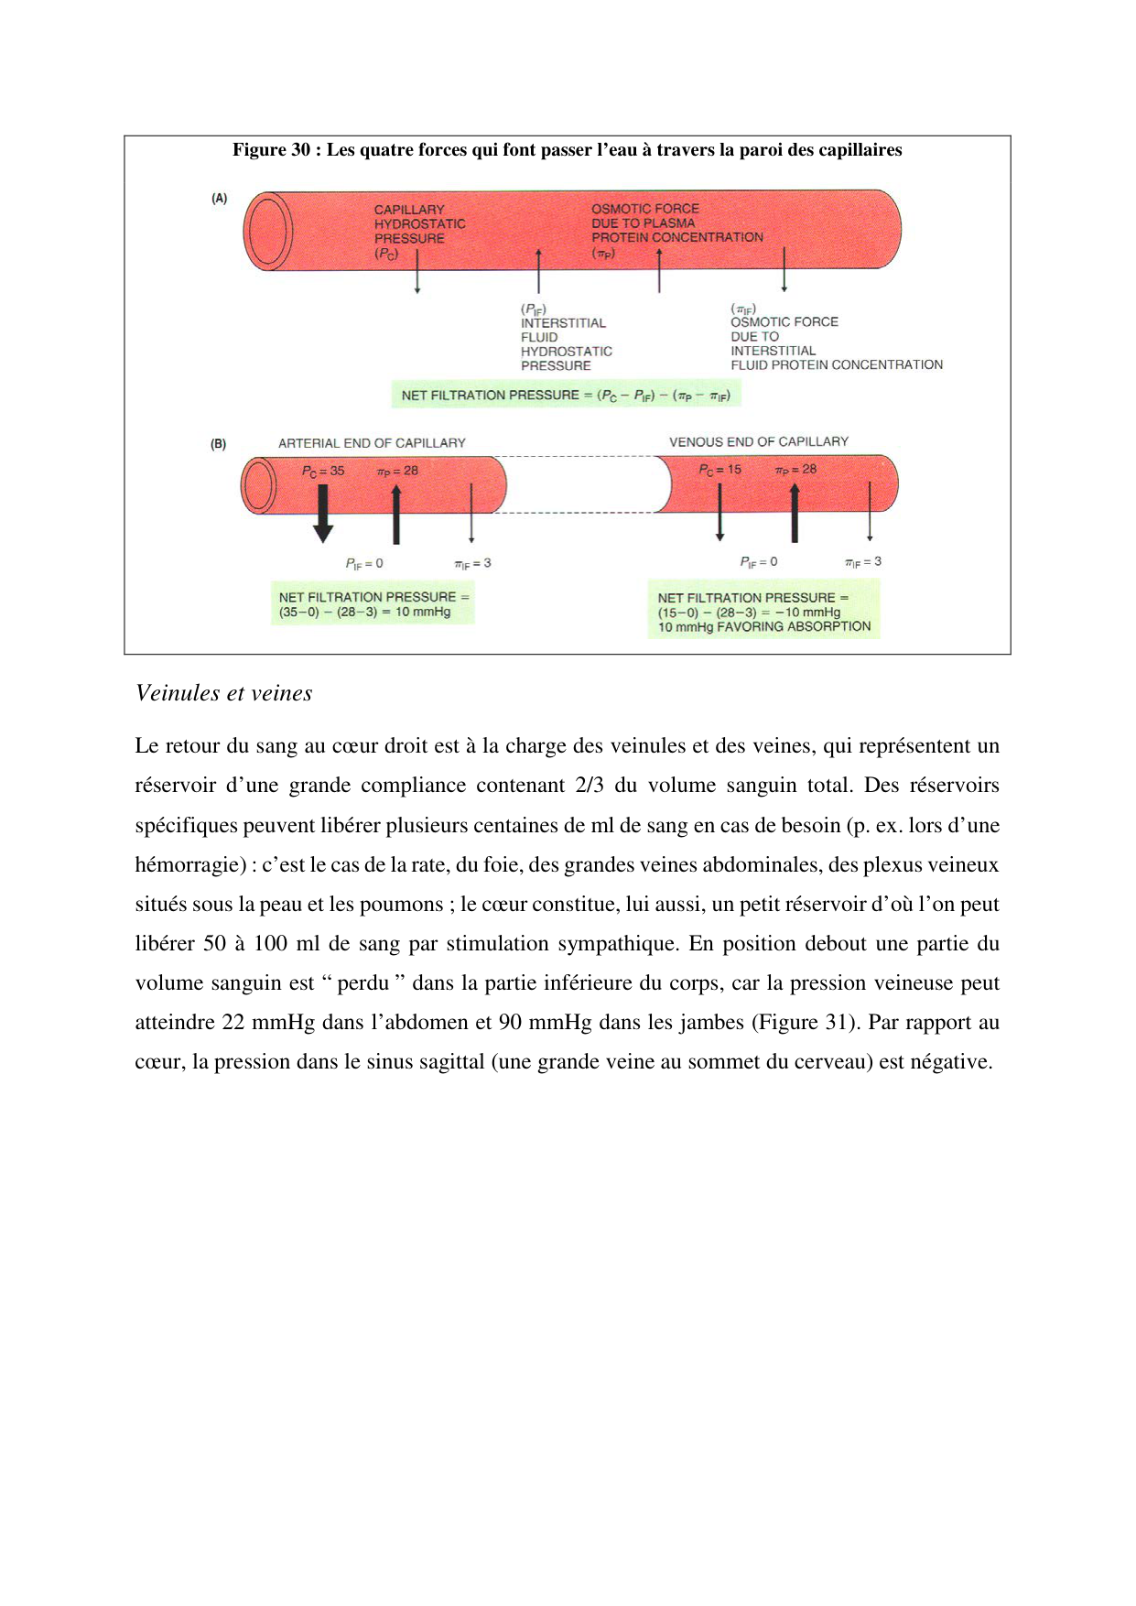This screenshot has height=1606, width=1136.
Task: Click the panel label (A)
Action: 219,198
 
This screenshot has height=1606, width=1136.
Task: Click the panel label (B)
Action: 218,444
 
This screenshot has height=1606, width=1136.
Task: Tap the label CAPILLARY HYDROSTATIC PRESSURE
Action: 419,224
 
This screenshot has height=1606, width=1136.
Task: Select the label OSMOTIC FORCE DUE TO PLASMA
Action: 644,216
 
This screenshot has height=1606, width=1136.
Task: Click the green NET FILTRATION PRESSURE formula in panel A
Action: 566,396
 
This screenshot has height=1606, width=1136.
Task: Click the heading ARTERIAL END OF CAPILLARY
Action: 372,443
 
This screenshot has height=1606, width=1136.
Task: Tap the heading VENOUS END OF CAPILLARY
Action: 758,441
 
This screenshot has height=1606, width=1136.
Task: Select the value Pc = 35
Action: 323,471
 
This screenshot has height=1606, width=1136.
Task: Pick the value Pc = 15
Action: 719,470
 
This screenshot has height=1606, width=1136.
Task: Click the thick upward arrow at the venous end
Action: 794,514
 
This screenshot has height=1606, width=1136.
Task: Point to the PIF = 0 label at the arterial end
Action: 363,563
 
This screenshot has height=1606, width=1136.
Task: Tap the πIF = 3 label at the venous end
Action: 862,561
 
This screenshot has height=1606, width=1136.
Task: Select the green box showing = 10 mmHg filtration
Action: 373,604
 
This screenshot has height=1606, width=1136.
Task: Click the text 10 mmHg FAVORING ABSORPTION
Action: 763,627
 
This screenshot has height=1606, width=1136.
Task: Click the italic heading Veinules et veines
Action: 223,693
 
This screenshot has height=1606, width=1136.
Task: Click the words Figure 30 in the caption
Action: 271,150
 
